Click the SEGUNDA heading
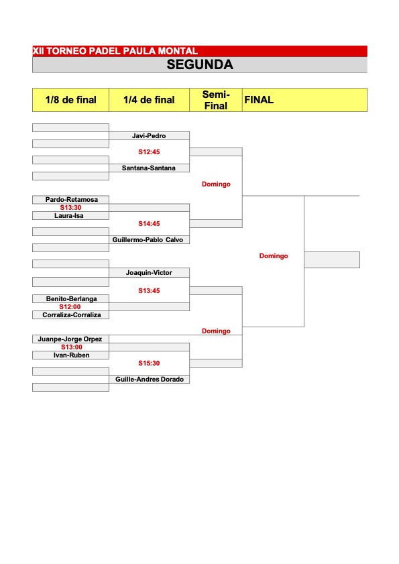click(x=200, y=64)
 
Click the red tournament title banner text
click(x=115, y=51)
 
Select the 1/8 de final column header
click(x=71, y=100)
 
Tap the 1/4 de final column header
click(x=149, y=100)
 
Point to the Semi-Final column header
click(x=216, y=100)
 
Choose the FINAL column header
click(x=259, y=100)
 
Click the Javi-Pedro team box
click(x=149, y=135)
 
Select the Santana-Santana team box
click(x=149, y=168)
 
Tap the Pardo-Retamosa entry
click(x=71, y=200)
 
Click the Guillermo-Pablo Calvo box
click(x=149, y=240)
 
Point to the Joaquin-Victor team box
click(x=149, y=273)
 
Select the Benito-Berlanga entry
click(x=71, y=298)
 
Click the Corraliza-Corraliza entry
click(x=71, y=315)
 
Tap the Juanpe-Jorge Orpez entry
click(x=71, y=339)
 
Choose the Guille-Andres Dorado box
click(x=149, y=379)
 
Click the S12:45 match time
click(x=149, y=152)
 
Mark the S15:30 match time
click(x=149, y=363)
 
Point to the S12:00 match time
click(x=70, y=307)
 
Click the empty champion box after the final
click(x=332, y=260)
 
